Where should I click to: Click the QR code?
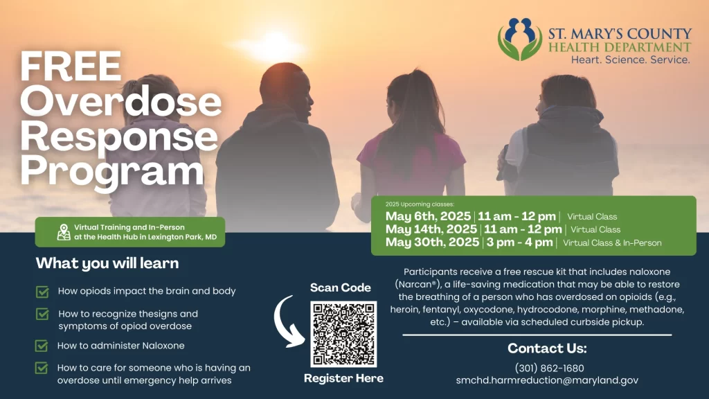pyautogui.click(x=343, y=334)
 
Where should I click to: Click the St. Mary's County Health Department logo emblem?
pyautogui.click(x=520, y=39)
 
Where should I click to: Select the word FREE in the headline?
pyautogui.click(x=71, y=66)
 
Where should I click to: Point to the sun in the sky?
pyautogui.click(x=271, y=45)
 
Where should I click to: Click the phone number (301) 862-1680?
pyautogui.click(x=549, y=369)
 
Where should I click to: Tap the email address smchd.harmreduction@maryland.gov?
pyautogui.click(x=547, y=380)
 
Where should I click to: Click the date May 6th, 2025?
pyautogui.click(x=428, y=216)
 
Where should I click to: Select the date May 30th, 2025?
pyautogui.click(x=432, y=242)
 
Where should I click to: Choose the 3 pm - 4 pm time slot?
pyautogui.click(x=519, y=242)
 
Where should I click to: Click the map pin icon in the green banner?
pyautogui.click(x=64, y=232)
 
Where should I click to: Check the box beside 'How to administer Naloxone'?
pyautogui.click(x=42, y=346)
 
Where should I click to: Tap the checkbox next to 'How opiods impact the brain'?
pyautogui.click(x=42, y=292)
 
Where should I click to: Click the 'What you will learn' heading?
pyautogui.click(x=107, y=263)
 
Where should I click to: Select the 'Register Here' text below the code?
pyautogui.click(x=343, y=378)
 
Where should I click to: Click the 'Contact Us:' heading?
pyautogui.click(x=547, y=348)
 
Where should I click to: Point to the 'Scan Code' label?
pyautogui.click(x=341, y=287)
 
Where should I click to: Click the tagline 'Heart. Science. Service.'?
pyautogui.click(x=630, y=60)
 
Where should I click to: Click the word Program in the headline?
pyautogui.click(x=111, y=171)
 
